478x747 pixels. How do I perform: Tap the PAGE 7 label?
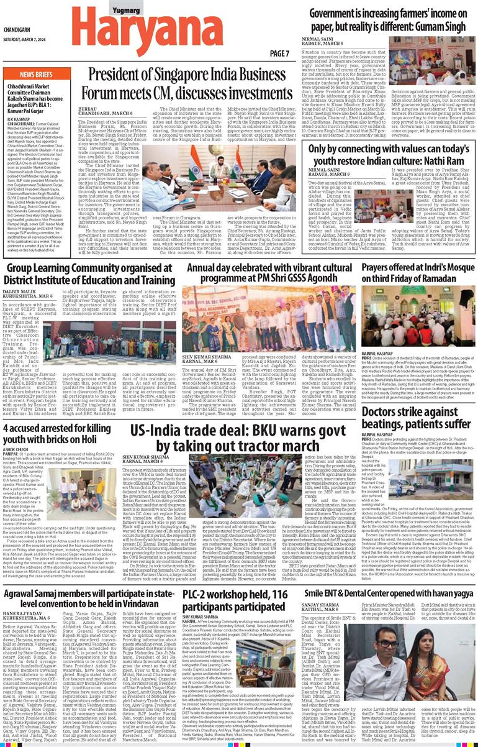(x=280, y=53)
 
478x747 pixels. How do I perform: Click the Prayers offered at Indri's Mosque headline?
(x=418, y=261)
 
